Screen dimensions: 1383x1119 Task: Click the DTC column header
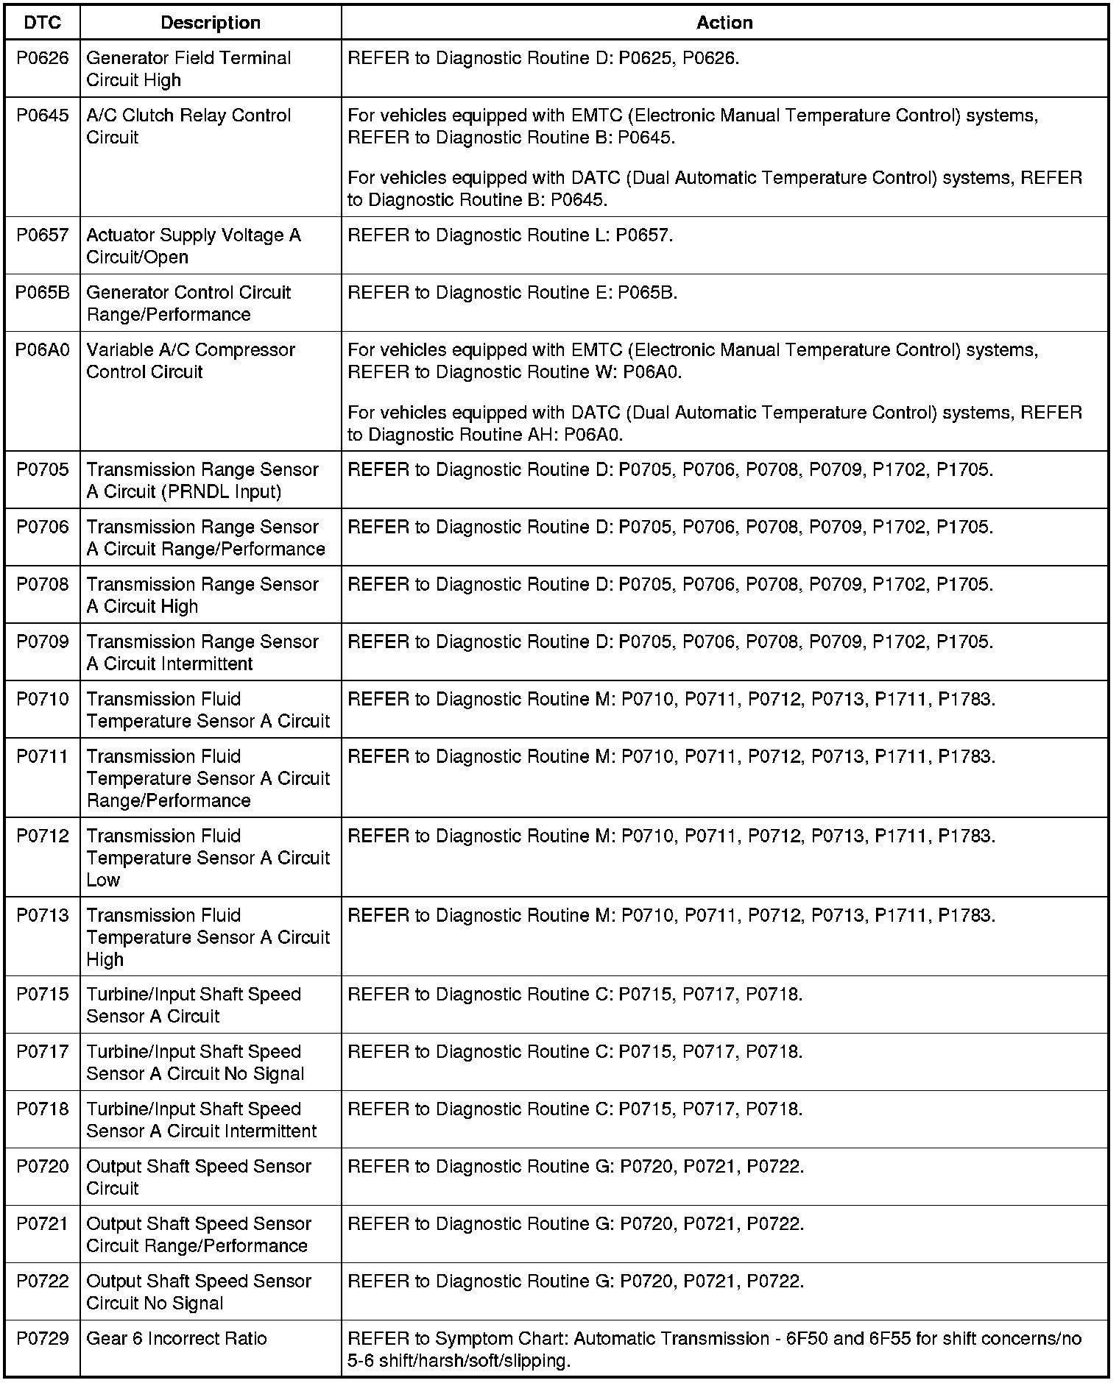click(43, 23)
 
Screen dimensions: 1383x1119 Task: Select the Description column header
click(211, 23)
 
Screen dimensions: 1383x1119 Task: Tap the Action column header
click(724, 23)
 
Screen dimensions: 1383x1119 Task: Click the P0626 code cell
click(43, 58)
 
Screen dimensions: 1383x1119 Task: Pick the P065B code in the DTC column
click(43, 293)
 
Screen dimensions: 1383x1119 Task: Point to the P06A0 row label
click(43, 350)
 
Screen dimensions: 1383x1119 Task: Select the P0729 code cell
click(43, 1339)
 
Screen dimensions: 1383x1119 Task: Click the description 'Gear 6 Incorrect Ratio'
click(177, 1339)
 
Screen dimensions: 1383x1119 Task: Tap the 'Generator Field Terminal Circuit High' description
click(188, 69)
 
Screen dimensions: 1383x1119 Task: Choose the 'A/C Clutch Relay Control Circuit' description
click(188, 127)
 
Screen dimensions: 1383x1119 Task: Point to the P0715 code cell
click(43, 995)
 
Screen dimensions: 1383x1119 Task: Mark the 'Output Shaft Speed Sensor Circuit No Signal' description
click(199, 1293)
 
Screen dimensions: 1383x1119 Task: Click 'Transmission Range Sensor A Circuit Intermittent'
click(202, 653)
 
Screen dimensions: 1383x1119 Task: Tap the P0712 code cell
click(43, 836)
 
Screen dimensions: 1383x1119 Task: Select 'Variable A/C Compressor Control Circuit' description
click(190, 361)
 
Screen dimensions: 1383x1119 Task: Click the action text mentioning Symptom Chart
click(714, 1350)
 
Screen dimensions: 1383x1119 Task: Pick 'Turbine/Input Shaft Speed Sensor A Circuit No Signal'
click(195, 1063)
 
